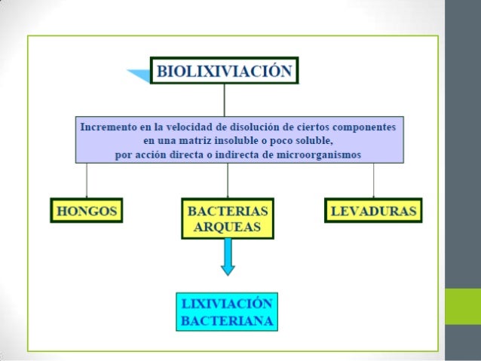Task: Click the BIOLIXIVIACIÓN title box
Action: pyautogui.click(x=224, y=71)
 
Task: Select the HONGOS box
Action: pyautogui.click(x=86, y=210)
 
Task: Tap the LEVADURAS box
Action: pyautogui.click(x=373, y=210)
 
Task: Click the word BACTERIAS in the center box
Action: pyautogui.click(x=228, y=210)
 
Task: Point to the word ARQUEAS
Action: pyautogui.click(x=228, y=227)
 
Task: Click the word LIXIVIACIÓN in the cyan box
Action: pyautogui.click(x=226, y=304)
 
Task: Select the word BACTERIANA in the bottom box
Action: pyautogui.click(x=226, y=320)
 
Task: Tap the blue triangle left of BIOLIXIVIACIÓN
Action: pyautogui.click(x=139, y=74)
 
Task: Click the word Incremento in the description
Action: pyautogui.click(x=108, y=125)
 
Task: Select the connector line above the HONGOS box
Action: pyautogui.click(x=86, y=181)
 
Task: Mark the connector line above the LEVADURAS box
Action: pyautogui.click(x=373, y=181)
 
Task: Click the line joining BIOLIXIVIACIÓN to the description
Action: pyautogui.click(x=224, y=99)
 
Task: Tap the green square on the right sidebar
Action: pyautogui.click(x=462, y=306)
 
